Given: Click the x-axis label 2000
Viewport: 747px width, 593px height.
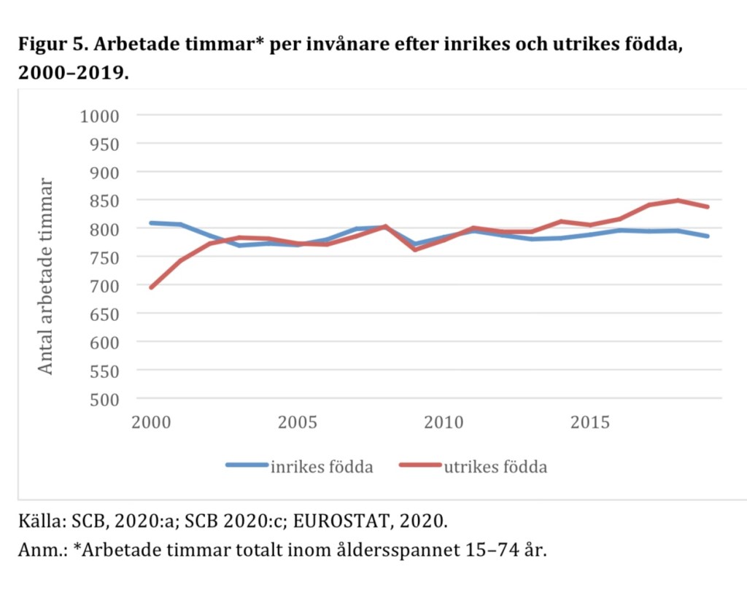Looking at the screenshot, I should point(151,423).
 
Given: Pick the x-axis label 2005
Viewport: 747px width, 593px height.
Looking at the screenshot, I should point(297,423).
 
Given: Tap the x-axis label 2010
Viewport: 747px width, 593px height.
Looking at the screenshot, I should point(444,423).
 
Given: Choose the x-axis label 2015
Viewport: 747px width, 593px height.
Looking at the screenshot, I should point(590,423).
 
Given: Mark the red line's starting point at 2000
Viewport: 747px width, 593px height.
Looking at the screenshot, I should point(151,287).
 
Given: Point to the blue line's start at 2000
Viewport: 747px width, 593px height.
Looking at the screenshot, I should point(151,222).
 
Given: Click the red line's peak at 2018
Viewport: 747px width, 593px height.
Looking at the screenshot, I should point(678,200).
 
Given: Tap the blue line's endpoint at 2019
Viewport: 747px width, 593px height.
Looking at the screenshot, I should point(707,236).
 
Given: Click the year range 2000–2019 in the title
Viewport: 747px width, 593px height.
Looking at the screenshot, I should point(70,74).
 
